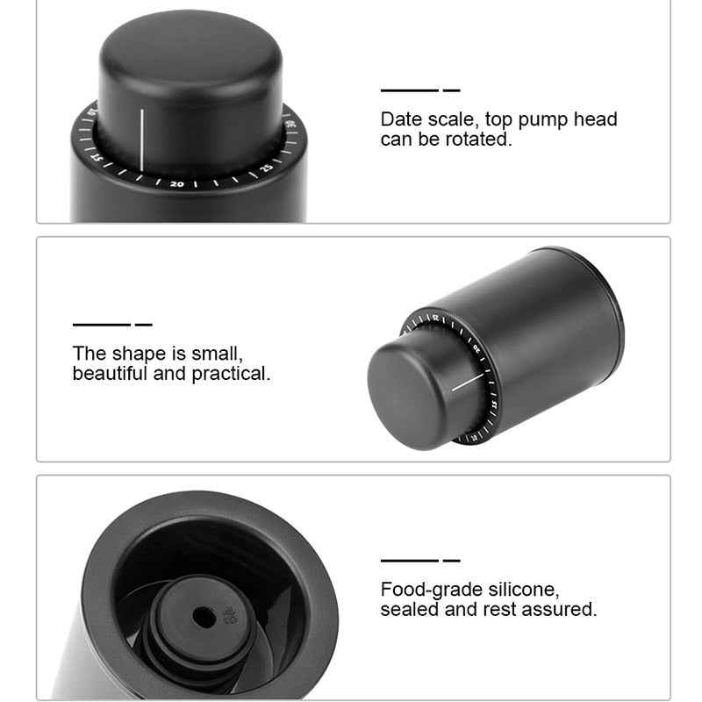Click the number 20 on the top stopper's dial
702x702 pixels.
177,184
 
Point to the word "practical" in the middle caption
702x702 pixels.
231,374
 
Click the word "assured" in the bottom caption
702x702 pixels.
558,609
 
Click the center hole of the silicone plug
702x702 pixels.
204,617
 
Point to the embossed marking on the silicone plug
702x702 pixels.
230,612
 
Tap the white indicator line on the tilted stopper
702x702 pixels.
468,382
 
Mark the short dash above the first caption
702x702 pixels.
451,90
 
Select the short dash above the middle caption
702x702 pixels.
143,325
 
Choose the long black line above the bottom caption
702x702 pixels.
409,560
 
